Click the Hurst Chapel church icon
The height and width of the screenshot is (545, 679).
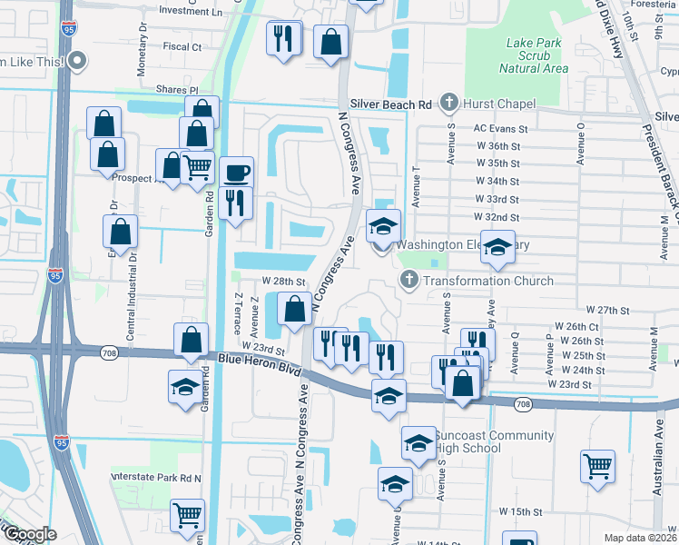pyautogui.click(x=448, y=103)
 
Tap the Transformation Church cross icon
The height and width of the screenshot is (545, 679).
pyautogui.click(x=408, y=280)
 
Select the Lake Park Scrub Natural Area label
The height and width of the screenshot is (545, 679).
pyautogui.click(x=535, y=55)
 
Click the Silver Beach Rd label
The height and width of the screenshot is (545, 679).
pyautogui.click(x=392, y=105)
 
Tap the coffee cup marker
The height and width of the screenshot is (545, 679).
pyautogui.click(x=237, y=171)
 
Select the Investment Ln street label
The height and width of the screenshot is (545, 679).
pyautogui.click(x=190, y=12)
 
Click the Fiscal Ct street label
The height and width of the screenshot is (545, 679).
pyautogui.click(x=182, y=45)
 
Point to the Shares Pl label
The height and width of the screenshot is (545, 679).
pyautogui.click(x=176, y=90)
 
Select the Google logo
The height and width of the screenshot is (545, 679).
pyautogui.click(x=29, y=534)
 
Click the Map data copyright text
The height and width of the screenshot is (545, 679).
pyautogui.click(x=641, y=538)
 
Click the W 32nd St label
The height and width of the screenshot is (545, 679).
pyautogui.click(x=497, y=217)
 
